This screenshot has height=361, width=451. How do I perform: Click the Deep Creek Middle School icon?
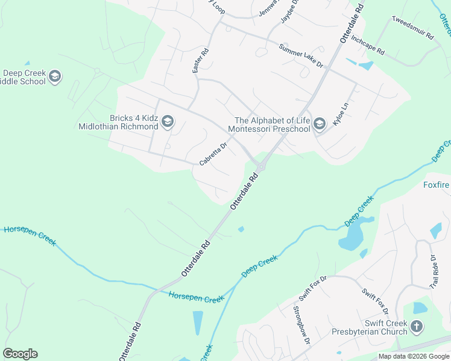pyautogui.click(x=55, y=76)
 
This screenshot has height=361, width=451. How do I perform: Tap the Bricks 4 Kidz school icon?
pyautogui.click(x=168, y=123)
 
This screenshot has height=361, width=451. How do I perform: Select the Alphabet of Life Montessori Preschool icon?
pyautogui.click(x=319, y=124)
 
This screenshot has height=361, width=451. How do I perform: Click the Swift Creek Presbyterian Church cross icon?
pyautogui.click(x=416, y=327)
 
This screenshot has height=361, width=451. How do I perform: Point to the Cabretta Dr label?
pyautogui.click(x=213, y=154)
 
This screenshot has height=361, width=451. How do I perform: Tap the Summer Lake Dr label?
pyautogui.click(x=301, y=55)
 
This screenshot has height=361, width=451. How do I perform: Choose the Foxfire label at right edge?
pyautogui.click(x=437, y=185)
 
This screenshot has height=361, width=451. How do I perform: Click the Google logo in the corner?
pyautogui.click(x=20, y=354)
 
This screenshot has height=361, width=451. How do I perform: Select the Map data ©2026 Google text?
pyautogui.click(x=414, y=356)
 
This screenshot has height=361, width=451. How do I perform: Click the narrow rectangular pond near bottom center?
pyautogui.click(x=198, y=322)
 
